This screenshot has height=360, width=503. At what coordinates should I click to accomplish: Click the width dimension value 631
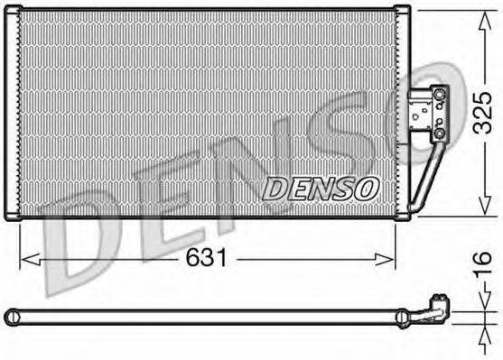pyautogui.click(x=207, y=259)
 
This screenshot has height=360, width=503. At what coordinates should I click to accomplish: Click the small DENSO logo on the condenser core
pyautogui.click(x=320, y=189)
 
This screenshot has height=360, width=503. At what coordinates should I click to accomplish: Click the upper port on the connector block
pyautogui.click(x=439, y=92)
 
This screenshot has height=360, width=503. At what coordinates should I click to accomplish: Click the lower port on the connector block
pyautogui.click(x=439, y=134)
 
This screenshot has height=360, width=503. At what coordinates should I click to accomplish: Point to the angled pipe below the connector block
pyautogui.click(x=429, y=176)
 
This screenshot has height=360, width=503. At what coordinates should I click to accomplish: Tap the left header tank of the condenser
pyautogui.click(x=14, y=113)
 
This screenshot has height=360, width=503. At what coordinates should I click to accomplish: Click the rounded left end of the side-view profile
pyautogui.click(x=10, y=317)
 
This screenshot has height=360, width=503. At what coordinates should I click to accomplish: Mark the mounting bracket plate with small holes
pyautogui.click(x=421, y=113)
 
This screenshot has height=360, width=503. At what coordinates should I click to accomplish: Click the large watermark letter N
pyautogui.click(x=271, y=180)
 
